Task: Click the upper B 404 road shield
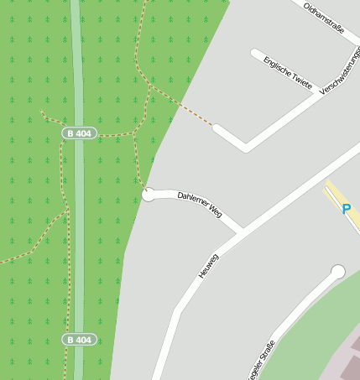tap(80, 133)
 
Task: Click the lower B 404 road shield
tap(80, 340)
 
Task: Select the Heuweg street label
tap(208, 266)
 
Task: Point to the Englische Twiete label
tap(288, 74)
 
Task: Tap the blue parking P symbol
tap(346, 209)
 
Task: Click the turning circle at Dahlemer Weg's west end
tap(149, 195)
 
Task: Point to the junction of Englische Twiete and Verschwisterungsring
tap(318, 93)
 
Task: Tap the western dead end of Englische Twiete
tap(254, 53)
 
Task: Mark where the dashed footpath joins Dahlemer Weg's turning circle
tap(146, 190)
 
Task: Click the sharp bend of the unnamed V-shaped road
tap(245, 148)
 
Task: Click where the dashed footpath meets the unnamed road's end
tap(216, 128)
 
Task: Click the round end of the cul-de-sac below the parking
tap(338, 272)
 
